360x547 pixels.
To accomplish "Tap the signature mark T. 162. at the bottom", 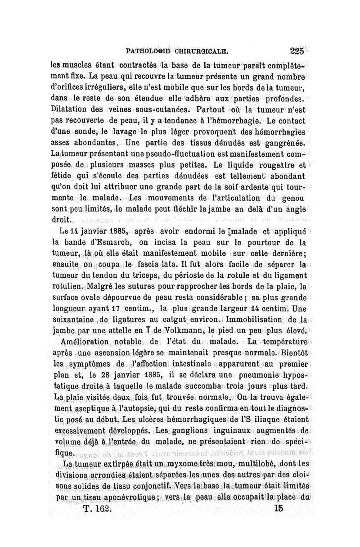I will tap(99, 508).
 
